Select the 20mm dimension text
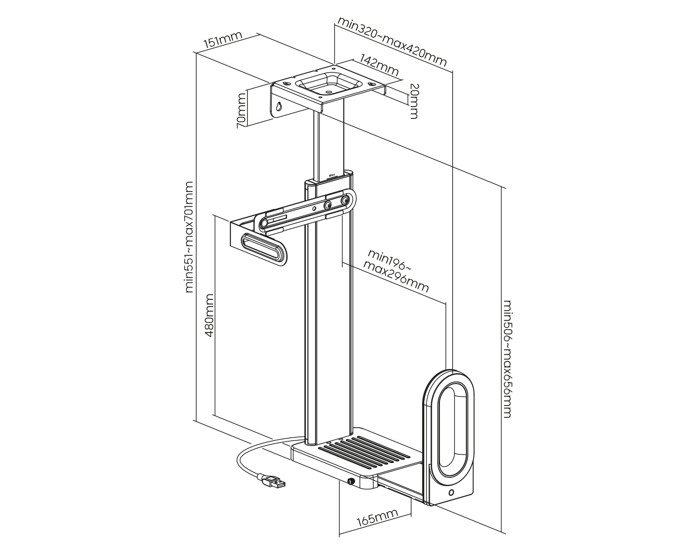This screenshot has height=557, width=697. [x=413, y=101]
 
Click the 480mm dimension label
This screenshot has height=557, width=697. [x=210, y=315]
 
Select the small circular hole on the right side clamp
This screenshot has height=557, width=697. [x=451, y=493]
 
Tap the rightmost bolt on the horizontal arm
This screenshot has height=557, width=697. [x=345, y=201]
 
